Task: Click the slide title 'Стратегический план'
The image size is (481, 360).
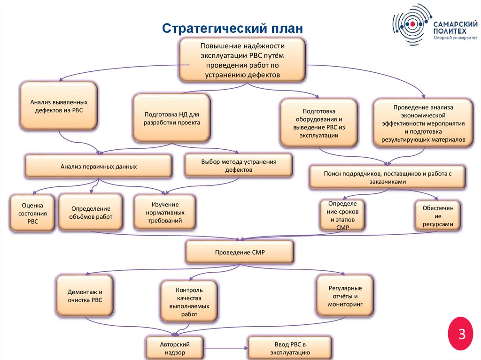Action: pos(233,28)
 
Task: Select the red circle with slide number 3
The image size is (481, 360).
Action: pos(462,334)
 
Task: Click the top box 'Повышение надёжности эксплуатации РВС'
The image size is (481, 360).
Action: pos(242,60)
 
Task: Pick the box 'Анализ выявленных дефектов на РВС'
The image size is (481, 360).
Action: pos(59,106)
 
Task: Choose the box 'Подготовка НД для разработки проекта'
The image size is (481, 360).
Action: pos(171,118)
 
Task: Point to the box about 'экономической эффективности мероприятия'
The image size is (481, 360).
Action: pos(423,123)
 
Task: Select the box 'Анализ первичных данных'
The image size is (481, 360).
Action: pos(98,166)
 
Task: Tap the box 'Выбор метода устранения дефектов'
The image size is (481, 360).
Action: pos(238,166)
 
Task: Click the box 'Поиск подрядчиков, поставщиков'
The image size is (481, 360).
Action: pos(387,176)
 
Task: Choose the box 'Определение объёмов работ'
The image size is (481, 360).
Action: pos(91,213)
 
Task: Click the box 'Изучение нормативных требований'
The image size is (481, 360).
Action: pos(165,212)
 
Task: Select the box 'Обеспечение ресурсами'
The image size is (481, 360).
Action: pos(437,215)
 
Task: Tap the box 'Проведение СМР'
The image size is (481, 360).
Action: pos(240,253)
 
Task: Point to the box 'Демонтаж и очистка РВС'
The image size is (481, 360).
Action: pos(85,296)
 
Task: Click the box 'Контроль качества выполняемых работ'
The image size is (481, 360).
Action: pos(189,302)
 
